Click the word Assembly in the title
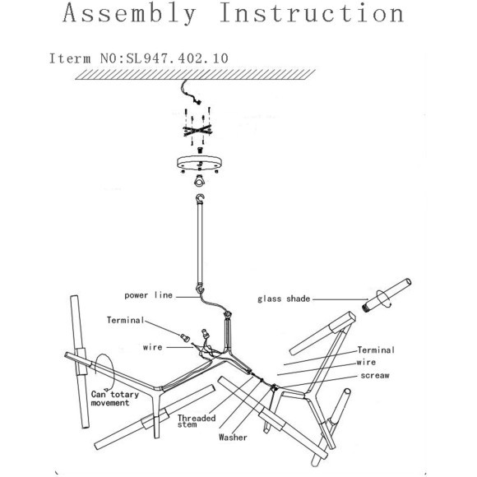[x=129, y=13]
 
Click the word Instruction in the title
[x=312, y=13]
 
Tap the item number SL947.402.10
[x=177, y=58]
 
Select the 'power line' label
[x=149, y=295]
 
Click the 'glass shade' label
[x=284, y=299]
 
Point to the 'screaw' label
[x=375, y=375]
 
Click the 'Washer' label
[x=233, y=438]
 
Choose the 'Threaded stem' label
[x=197, y=421]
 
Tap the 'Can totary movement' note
[x=114, y=399]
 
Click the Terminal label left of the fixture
[x=125, y=320]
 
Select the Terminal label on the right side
[x=376, y=350]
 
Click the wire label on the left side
[x=152, y=347]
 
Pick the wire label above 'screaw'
[x=366, y=363]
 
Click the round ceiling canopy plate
[x=199, y=164]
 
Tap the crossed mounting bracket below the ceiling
[x=197, y=130]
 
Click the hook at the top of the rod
[x=200, y=199]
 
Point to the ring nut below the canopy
[x=199, y=181]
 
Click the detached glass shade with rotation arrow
[x=387, y=294]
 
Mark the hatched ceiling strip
[x=195, y=75]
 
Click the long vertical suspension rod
[x=200, y=243]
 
